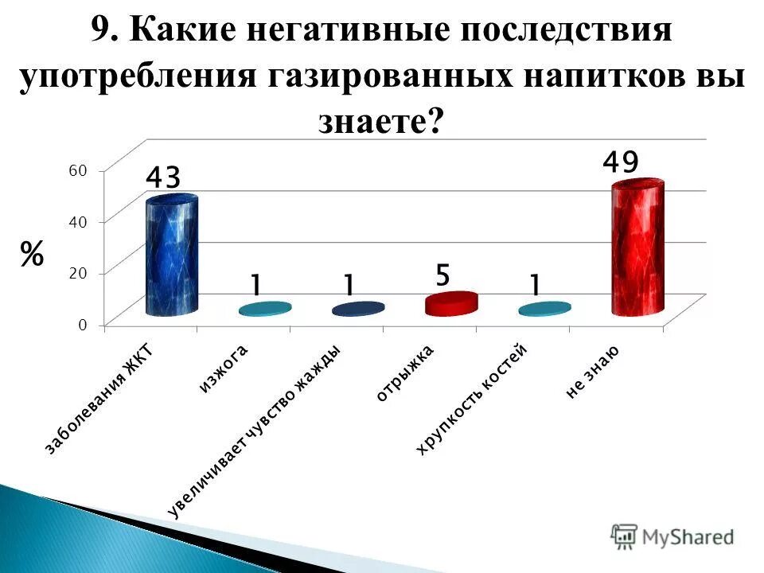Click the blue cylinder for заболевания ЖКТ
click(172, 256)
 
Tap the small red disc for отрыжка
click(450, 303)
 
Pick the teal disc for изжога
click(265, 309)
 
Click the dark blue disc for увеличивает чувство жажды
click(358, 309)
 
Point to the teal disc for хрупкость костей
click(544, 309)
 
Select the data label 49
click(620, 163)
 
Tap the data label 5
click(442, 277)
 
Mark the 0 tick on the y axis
click(82, 325)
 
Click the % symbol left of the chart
click(32, 255)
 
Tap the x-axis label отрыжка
click(404, 374)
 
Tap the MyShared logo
click(673, 536)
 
